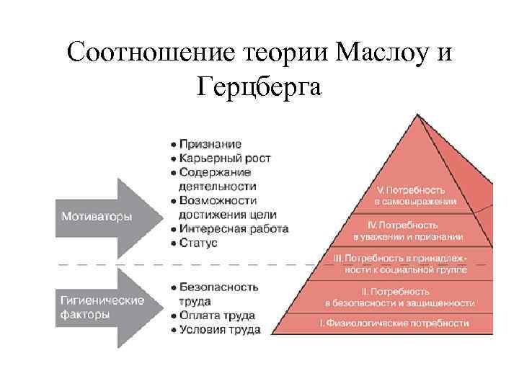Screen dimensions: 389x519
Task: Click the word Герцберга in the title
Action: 260,86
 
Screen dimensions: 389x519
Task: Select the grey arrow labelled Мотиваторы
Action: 108,217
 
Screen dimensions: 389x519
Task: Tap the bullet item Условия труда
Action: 218,329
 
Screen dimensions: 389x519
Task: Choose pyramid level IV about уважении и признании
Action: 407,230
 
